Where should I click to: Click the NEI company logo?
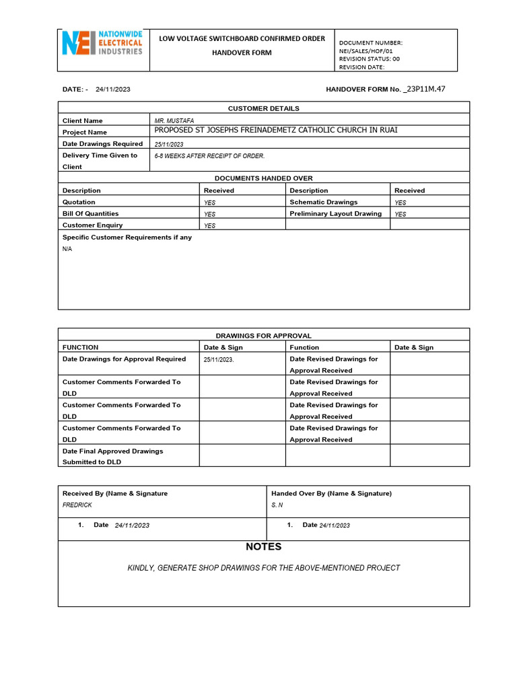(102, 43)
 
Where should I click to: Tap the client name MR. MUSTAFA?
(174, 121)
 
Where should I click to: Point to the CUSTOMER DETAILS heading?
(263, 108)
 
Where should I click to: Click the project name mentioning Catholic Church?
(276, 131)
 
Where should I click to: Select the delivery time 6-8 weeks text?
(209, 156)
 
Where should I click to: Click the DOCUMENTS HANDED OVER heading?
(263, 178)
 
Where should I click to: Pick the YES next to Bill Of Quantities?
(210, 214)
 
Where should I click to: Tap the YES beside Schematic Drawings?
(401, 203)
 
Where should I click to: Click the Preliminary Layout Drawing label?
(335, 214)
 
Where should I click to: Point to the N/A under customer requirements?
(67, 249)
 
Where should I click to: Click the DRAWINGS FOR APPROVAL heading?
(263, 336)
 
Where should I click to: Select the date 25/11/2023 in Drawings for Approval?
(219, 360)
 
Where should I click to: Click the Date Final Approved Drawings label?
(112, 451)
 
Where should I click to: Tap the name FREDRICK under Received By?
(77, 505)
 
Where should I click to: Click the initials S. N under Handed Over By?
(277, 505)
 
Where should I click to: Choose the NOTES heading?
(264, 547)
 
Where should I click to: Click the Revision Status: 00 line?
(369, 59)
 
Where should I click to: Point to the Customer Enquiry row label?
(92, 225)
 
